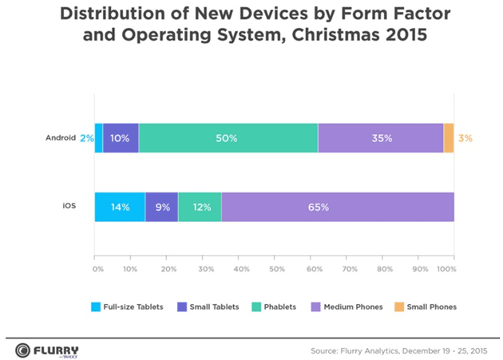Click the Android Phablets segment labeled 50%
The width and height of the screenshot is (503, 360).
click(x=228, y=138)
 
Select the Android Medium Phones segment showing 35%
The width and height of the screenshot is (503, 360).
click(x=381, y=138)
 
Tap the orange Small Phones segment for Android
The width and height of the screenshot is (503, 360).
click(x=449, y=138)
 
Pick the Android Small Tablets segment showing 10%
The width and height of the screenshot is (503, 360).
click(x=121, y=138)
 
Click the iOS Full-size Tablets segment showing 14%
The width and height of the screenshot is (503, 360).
click(x=120, y=207)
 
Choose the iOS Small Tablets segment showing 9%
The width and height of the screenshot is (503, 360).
click(x=161, y=207)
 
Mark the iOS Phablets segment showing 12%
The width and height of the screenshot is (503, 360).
click(x=200, y=207)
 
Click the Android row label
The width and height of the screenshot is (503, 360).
click(x=61, y=138)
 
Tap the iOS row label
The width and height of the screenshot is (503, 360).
click(x=70, y=207)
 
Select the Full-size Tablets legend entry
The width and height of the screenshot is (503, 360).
click(x=128, y=306)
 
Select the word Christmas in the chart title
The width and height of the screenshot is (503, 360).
click(x=319, y=36)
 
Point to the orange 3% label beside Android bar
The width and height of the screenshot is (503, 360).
click(x=465, y=138)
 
